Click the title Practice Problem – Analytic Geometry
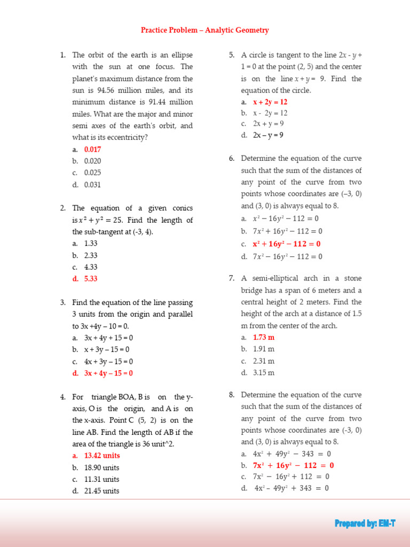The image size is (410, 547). click(x=204, y=30)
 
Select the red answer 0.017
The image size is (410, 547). click(x=92, y=150)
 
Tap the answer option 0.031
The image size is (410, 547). click(x=92, y=185)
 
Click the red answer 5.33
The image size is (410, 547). click(x=91, y=278)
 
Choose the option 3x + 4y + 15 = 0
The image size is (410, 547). click(x=108, y=338)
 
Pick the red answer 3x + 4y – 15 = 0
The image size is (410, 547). click(x=108, y=373)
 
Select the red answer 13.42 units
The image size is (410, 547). click(x=102, y=456)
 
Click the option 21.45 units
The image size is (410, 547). click(x=101, y=491)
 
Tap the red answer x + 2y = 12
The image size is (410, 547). click(x=270, y=101)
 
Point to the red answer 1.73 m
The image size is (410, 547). click(x=264, y=338)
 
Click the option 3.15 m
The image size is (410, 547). click(x=264, y=373)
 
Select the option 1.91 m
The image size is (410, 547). click(x=264, y=349)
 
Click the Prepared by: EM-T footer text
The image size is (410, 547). click(x=365, y=523)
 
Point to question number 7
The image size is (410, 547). click(x=232, y=278)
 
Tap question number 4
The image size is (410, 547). click(x=62, y=397)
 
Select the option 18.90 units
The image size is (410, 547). click(x=101, y=467)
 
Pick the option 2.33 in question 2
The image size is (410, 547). click(x=91, y=255)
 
